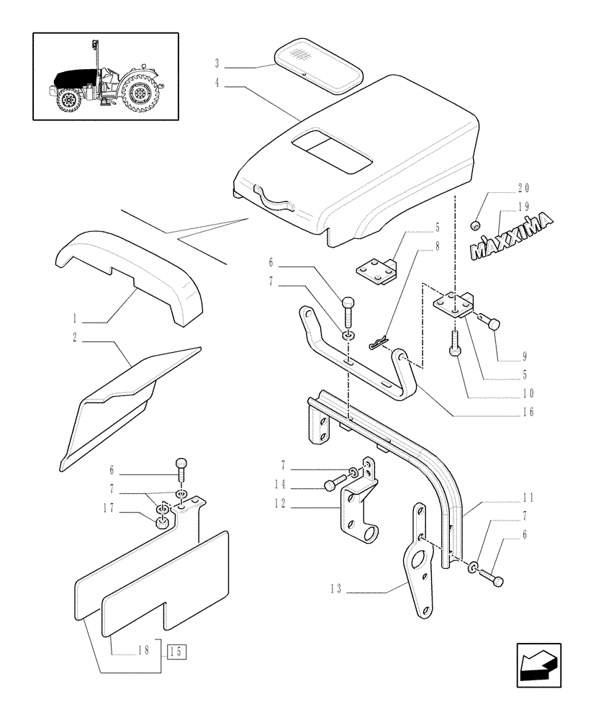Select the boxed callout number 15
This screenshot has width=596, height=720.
[176, 652]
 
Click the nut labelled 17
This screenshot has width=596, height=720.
[163, 520]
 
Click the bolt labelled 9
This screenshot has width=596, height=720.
[489, 325]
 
